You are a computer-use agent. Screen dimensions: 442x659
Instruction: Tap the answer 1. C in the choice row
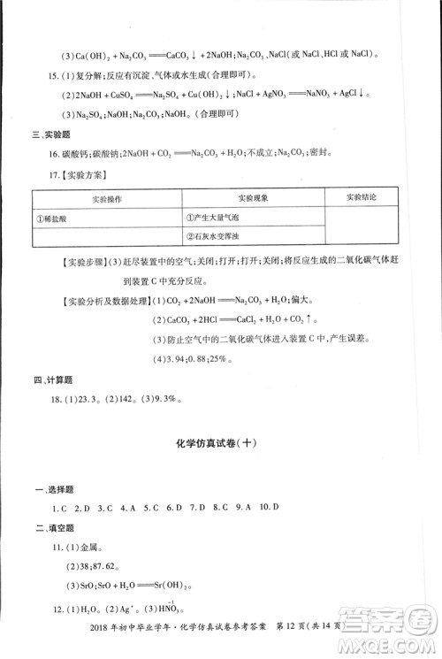[x=60, y=508]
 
